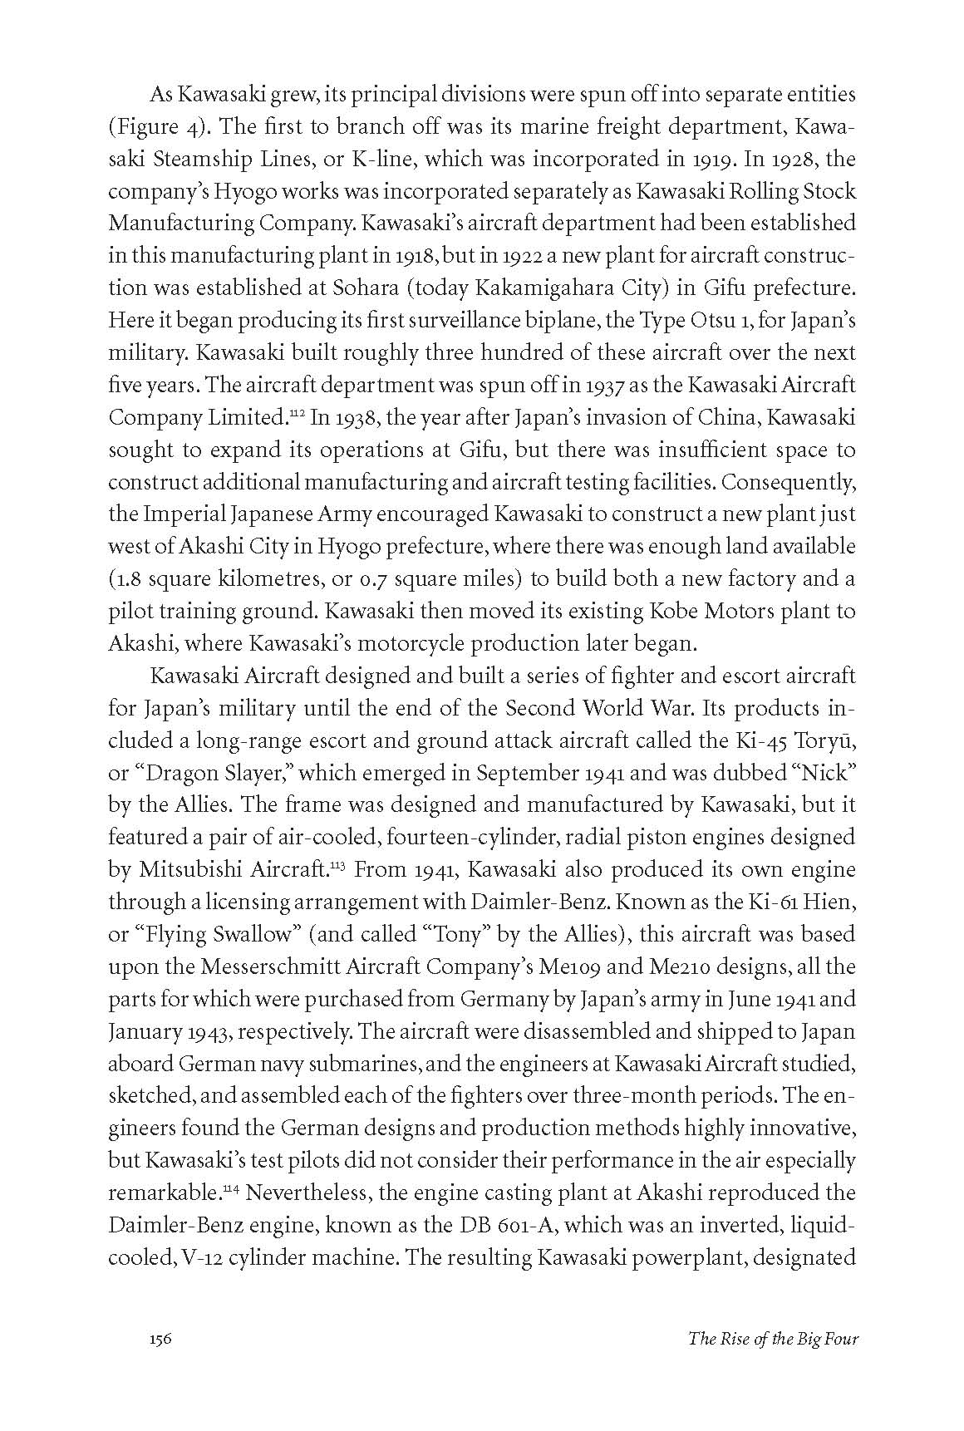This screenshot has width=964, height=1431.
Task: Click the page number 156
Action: click(x=160, y=1362)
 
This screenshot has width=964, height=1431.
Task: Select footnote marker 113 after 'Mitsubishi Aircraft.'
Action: click(x=337, y=865)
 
